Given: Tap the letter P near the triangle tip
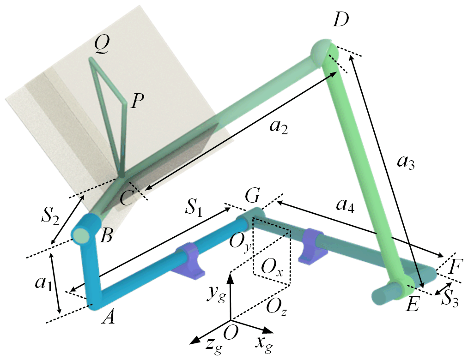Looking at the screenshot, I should coord(136,101).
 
